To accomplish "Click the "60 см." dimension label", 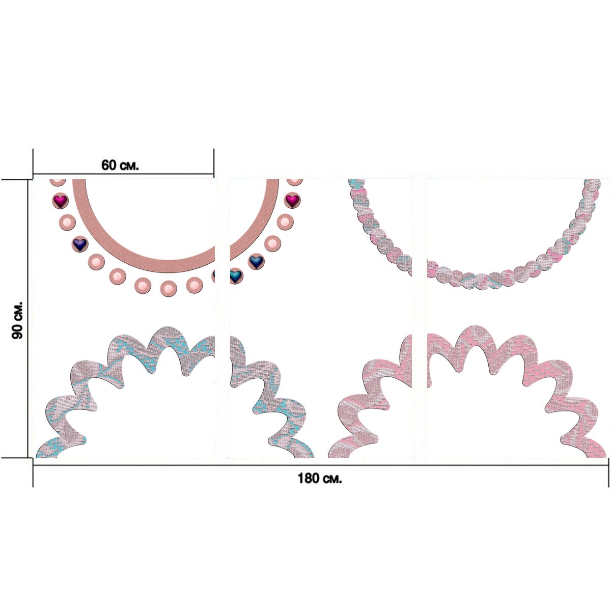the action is point(120,165).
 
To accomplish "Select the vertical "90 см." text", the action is point(17,320).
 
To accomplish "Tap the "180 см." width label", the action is point(320,478).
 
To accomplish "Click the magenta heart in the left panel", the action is point(60,201).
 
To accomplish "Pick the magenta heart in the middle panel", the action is point(292,200).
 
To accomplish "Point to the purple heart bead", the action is point(79,244).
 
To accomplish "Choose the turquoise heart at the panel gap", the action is point(235,276).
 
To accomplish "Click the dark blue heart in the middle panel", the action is point(256,261).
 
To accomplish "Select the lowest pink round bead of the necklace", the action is point(168,289).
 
